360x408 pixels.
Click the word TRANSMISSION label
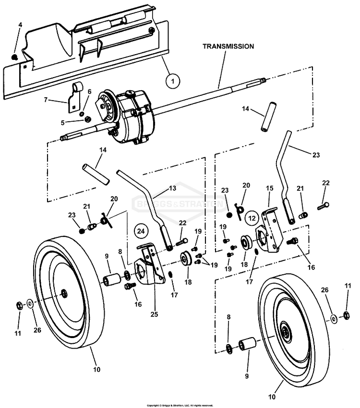coord(228,47)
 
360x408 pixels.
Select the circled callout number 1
coord(171,82)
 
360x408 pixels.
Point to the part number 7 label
coord(46,100)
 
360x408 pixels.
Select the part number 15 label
coord(269,189)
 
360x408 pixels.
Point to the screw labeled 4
coord(16,57)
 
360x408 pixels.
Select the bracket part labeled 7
coord(75,96)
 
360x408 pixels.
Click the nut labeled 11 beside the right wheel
coord(346,315)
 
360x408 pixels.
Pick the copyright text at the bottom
coord(180,405)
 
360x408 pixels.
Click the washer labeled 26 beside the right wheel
coord(333,317)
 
